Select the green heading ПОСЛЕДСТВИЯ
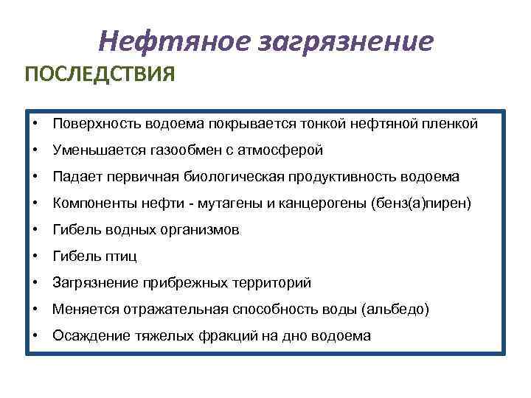point(100,76)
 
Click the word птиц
point(121,256)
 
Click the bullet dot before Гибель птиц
point(35,256)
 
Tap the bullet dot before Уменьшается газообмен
point(35,150)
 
